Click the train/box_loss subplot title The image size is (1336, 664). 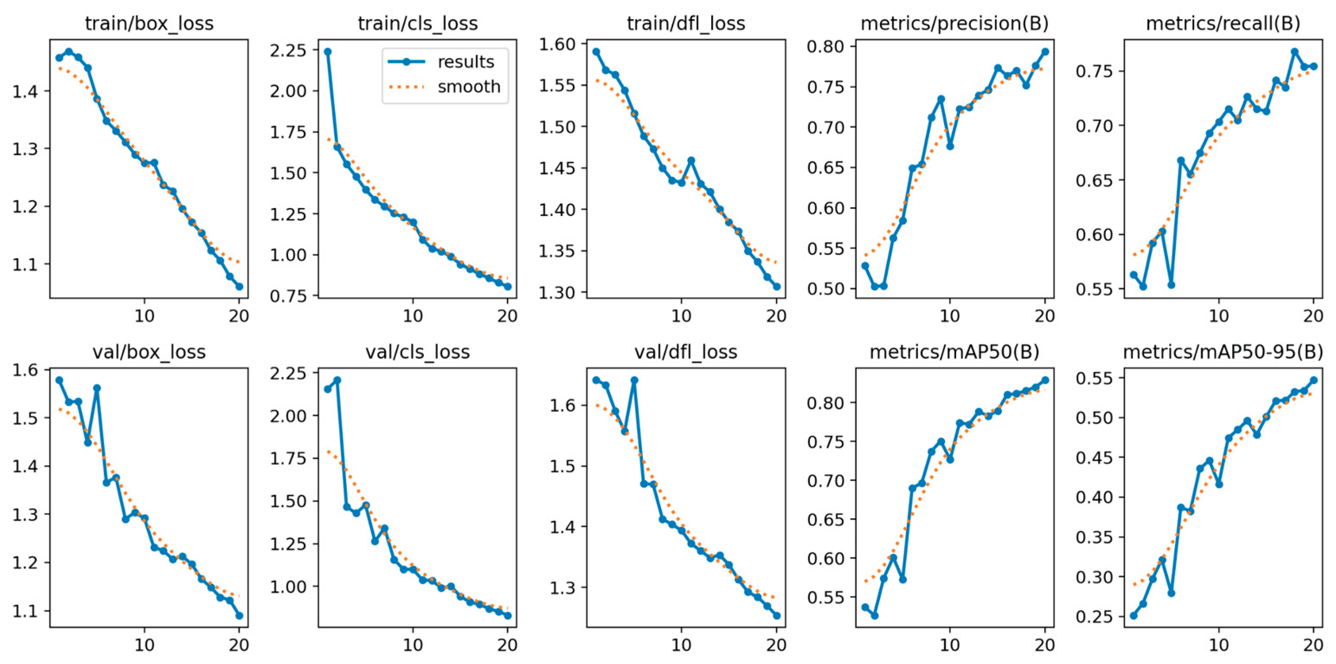[149, 24]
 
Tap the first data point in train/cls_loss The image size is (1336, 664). [328, 52]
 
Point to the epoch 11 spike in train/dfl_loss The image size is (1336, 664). [691, 161]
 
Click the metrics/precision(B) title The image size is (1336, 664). [954, 24]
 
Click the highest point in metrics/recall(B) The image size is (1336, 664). [1294, 52]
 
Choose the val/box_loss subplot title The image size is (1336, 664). [149, 352]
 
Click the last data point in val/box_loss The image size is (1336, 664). [239, 616]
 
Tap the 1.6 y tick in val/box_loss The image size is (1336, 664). [26, 370]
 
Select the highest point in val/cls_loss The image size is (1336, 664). [337, 380]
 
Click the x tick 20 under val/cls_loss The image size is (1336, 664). [507, 645]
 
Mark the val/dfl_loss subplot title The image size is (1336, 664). [686, 352]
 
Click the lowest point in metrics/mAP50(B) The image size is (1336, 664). [874, 616]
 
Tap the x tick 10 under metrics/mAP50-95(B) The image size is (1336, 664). [1219, 645]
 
